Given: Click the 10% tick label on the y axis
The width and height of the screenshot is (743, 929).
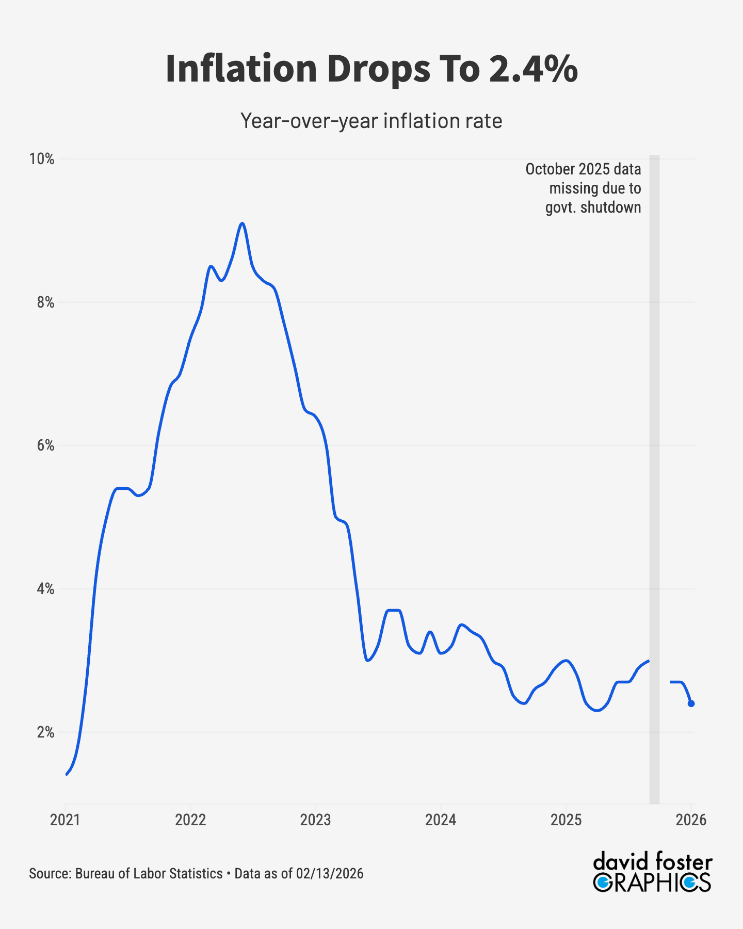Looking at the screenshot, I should click(42, 159).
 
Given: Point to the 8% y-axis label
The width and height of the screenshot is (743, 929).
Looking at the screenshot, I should click(45, 302).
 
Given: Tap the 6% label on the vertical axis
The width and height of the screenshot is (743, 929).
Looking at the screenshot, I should click(45, 445).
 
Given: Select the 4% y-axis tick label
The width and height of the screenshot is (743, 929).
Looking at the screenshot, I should click(45, 589).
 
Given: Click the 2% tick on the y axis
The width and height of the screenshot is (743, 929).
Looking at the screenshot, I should click(45, 732).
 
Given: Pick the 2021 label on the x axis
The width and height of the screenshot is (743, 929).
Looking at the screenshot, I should click(65, 820).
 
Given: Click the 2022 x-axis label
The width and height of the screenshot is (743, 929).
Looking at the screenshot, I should click(190, 820).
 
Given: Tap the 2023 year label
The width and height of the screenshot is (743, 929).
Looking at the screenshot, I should click(315, 820).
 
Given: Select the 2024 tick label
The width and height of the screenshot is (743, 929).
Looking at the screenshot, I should click(441, 820).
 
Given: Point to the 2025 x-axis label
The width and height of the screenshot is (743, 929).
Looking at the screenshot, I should click(566, 820).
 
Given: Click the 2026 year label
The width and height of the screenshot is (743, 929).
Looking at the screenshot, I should click(691, 820).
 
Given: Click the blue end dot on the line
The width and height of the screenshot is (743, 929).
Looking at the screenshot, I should click(691, 703).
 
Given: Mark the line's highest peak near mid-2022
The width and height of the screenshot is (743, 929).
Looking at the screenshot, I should click(242, 223).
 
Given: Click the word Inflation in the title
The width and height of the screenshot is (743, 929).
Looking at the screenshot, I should click(241, 69).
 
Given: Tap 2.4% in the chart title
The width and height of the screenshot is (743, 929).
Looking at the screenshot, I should click(533, 69).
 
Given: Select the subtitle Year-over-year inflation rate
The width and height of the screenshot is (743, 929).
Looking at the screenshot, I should click(372, 121).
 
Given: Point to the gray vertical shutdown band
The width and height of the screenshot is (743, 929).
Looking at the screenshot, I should click(654, 464).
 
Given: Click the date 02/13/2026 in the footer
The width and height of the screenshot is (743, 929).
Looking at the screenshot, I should click(330, 874).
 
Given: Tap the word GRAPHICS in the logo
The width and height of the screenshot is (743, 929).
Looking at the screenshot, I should click(652, 883).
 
